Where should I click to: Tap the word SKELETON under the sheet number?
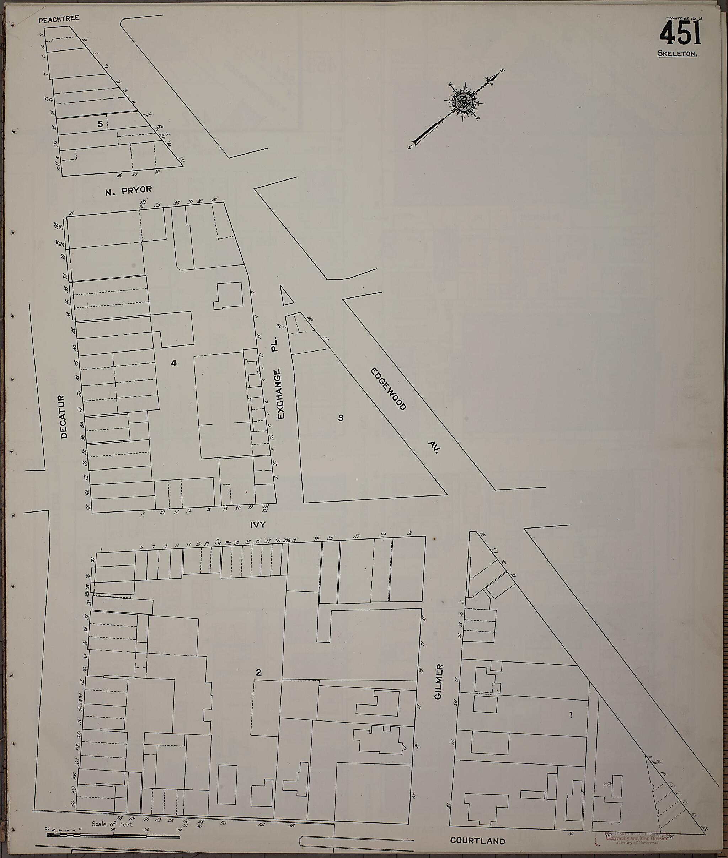coord(677,54)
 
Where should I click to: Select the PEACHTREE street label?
coord(59,19)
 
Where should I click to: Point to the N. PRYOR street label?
coord(128,190)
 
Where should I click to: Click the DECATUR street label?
coord(64,417)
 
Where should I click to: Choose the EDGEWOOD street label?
coord(388,389)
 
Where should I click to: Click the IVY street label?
coord(257,525)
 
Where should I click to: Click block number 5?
coord(100,123)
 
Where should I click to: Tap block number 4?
coord(174,363)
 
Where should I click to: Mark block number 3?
coord(341,418)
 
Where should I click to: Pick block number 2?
coord(258,672)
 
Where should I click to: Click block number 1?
coord(571,715)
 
